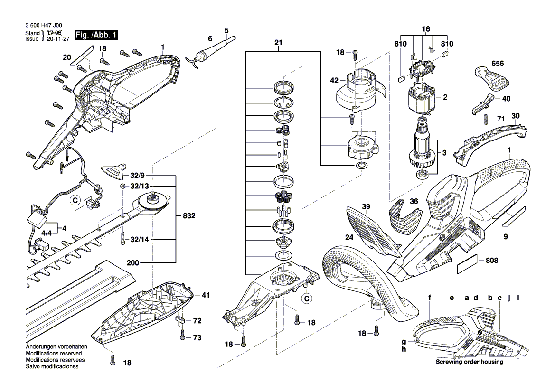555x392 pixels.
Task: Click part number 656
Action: click(x=498, y=63)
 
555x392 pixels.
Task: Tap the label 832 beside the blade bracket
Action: click(x=189, y=216)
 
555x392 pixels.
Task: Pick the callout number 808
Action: click(x=492, y=261)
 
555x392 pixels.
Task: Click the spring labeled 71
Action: click(x=486, y=121)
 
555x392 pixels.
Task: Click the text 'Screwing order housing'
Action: click(x=470, y=362)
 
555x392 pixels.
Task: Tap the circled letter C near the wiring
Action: click(x=75, y=201)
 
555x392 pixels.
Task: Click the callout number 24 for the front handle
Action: click(x=349, y=237)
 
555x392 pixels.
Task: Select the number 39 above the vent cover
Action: click(x=366, y=206)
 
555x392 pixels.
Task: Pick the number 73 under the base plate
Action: click(x=197, y=337)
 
